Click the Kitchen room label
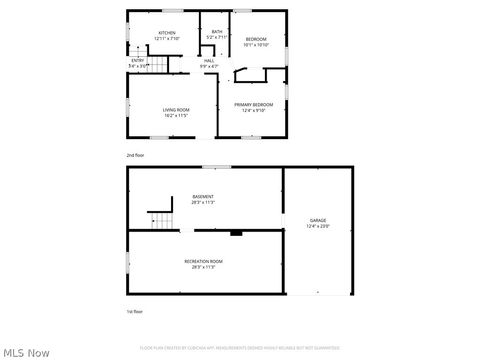(x=167, y=32)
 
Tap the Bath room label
(x=217, y=32)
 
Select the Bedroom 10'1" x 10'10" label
(x=256, y=39)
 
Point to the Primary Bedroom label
(x=253, y=104)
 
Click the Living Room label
(x=176, y=109)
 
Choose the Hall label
(x=210, y=61)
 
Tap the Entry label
(x=138, y=61)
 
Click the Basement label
(x=203, y=197)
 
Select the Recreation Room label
(x=203, y=261)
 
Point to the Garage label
(x=317, y=220)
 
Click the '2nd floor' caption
(x=135, y=155)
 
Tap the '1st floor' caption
(x=135, y=313)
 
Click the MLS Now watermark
(x=27, y=352)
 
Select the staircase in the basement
(x=160, y=220)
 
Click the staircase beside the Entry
(x=154, y=66)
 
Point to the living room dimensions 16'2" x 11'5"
(x=176, y=115)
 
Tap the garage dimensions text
(x=317, y=226)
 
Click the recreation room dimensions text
(x=203, y=267)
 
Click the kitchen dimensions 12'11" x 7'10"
(x=167, y=38)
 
